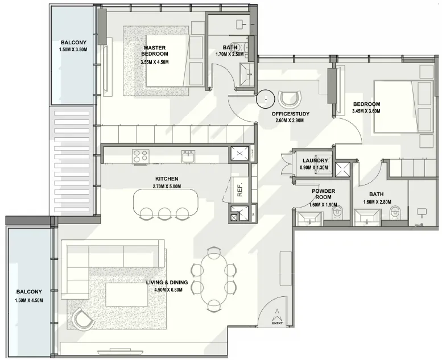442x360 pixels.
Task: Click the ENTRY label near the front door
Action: pyautogui.click(x=278, y=323)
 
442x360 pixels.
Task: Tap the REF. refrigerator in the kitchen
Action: pyautogui.click(x=240, y=190)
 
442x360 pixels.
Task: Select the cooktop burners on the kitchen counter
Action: pyautogui.click(x=141, y=156)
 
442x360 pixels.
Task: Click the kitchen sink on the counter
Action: pyautogui.click(x=188, y=156)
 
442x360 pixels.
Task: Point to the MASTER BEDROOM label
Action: pyautogui.click(x=155, y=51)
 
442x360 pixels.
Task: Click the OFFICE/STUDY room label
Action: pyautogui.click(x=290, y=114)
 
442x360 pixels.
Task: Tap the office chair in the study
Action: pyautogui.click(x=290, y=99)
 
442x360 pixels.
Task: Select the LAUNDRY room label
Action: pyautogui.click(x=315, y=161)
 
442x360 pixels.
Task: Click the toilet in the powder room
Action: pyautogui.click(x=338, y=212)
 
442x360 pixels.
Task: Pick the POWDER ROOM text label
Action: pyautogui.click(x=323, y=194)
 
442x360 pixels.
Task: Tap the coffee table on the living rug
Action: pyautogui.click(x=127, y=295)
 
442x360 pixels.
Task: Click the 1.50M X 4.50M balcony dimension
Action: pyautogui.click(x=29, y=300)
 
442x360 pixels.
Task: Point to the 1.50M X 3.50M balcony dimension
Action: pyautogui.click(x=73, y=49)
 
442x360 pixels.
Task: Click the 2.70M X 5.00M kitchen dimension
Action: pyautogui.click(x=167, y=187)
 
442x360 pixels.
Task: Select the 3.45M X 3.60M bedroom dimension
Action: pyautogui.click(x=366, y=111)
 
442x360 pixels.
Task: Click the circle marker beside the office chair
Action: pyautogui.click(x=265, y=99)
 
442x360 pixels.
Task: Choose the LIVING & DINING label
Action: pyautogui.click(x=167, y=283)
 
